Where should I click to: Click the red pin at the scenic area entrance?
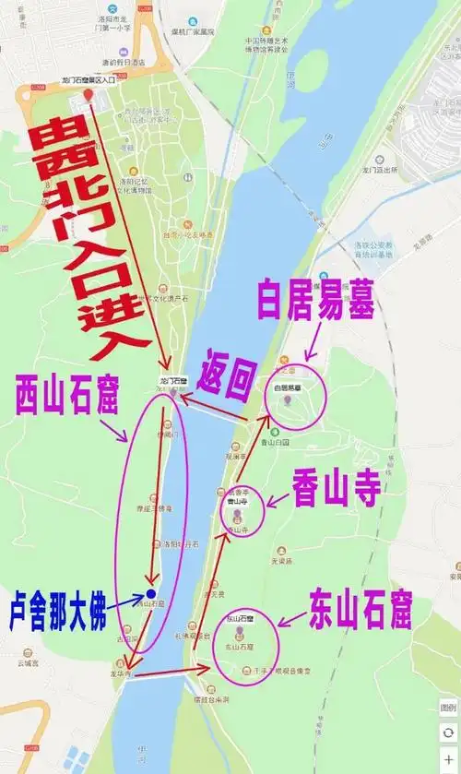[x=88, y=94]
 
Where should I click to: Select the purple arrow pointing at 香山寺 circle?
[x=277, y=501]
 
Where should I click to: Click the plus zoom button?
[x=448, y=758]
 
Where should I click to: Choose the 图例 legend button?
[x=448, y=708]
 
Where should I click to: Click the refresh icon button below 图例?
[x=448, y=732]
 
